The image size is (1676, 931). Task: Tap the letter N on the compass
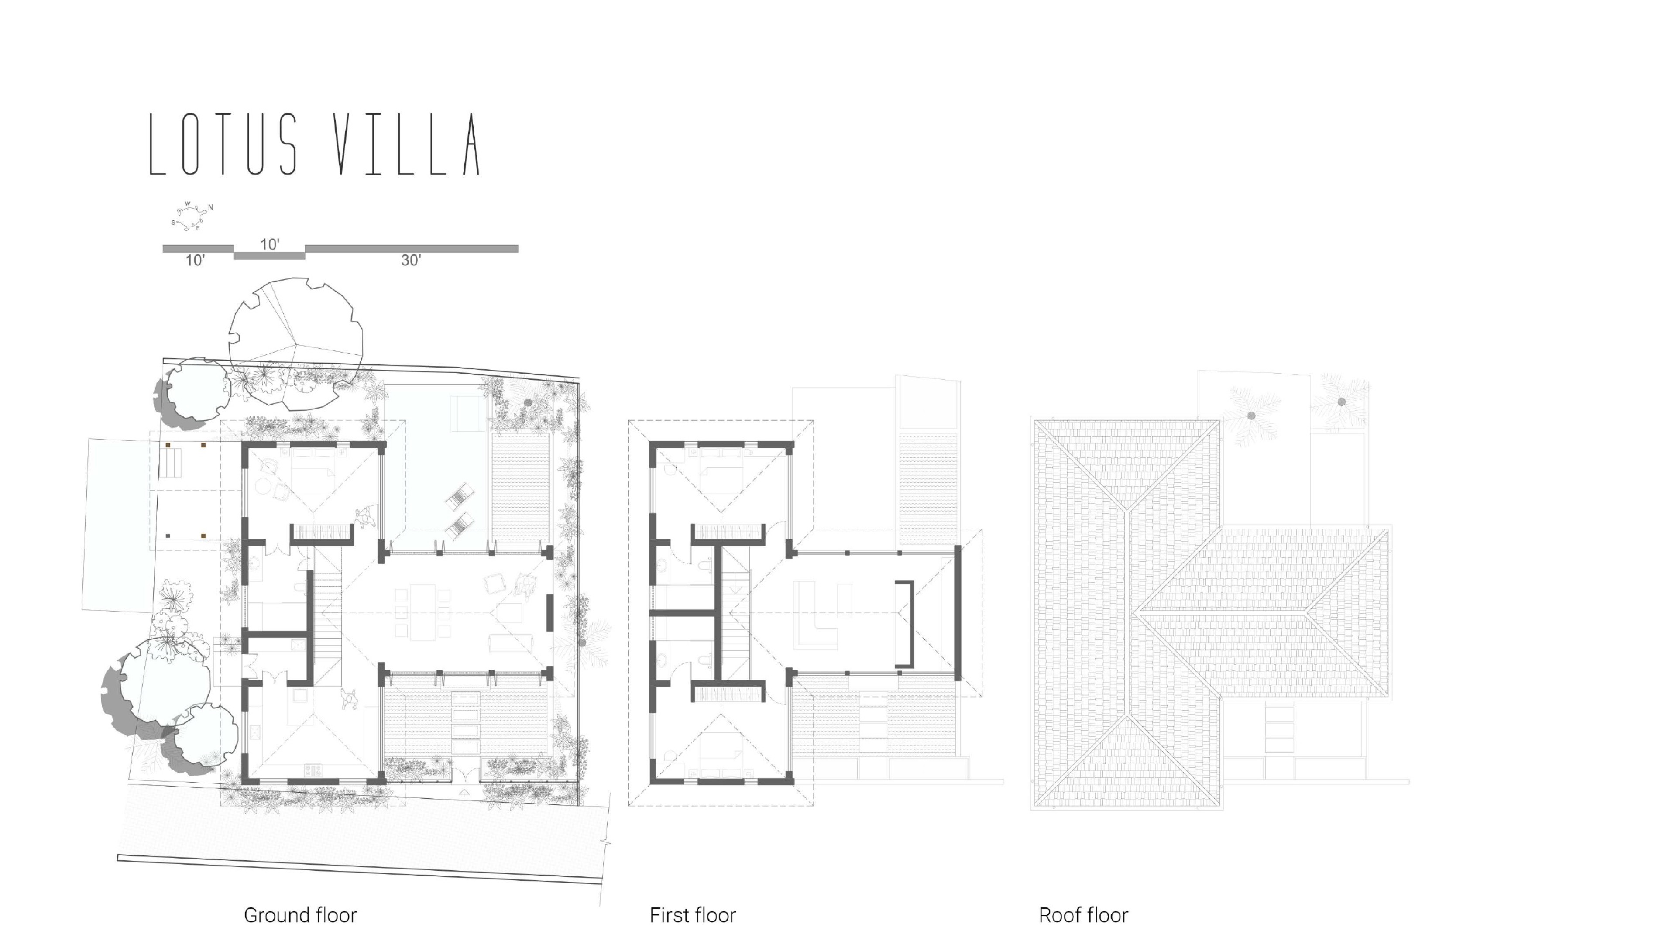coord(210,207)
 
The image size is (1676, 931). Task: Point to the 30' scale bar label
coord(411,260)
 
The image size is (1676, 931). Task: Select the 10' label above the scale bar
coord(269,244)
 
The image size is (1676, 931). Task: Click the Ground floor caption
coord(300,915)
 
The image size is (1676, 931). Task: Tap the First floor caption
coord(692,915)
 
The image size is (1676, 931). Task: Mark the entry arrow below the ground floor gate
coord(464,793)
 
